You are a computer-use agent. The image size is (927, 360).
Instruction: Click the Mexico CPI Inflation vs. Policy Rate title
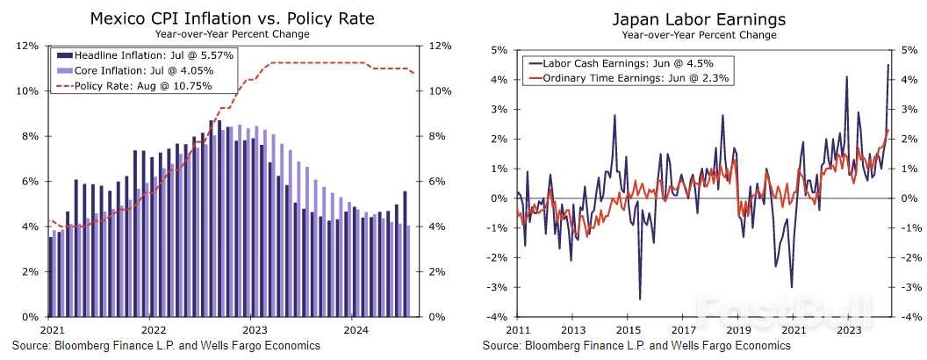tap(231, 18)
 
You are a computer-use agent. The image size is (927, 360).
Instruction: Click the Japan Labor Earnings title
tap(699, 18)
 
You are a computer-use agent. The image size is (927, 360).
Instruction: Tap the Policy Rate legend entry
tap(143, 86)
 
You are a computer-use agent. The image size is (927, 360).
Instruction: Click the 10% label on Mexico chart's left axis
tap(28, 91)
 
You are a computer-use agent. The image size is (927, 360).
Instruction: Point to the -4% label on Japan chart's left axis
tap(497, 317)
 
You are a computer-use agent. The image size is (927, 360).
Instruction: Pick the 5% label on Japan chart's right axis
tap(909, 50)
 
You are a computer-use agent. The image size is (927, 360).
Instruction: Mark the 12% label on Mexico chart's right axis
tap(440, 47)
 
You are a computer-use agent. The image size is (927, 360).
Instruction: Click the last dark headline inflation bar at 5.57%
tap(405, 254)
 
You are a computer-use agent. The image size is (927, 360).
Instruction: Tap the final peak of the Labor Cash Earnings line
tap(887, 65)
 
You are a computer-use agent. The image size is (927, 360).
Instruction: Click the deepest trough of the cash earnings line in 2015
tap(639, 299)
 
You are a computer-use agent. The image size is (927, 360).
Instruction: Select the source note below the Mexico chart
tap(166, 346)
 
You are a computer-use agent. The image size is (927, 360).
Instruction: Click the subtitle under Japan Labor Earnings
tap(699, 35)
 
